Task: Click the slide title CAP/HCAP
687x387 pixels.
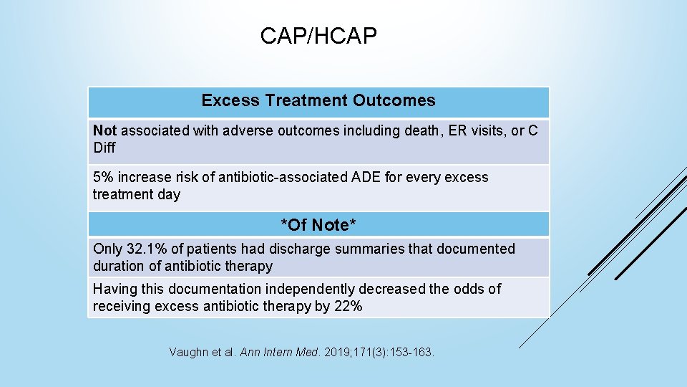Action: click(x=318, y=36)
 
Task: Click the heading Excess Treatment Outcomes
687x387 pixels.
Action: click(x=318, y=100)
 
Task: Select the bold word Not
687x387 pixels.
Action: click(x=104, y=130)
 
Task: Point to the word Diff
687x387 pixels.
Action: click(x=104, y=148)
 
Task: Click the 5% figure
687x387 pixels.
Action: click(x=103, y=177)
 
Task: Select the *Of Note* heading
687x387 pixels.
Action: click(x=318, y=225)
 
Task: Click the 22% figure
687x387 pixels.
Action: click(x=349, y=307)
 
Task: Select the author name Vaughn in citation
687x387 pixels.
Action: click(x=188, y=353)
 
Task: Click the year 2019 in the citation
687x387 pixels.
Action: click(x=336, y=353)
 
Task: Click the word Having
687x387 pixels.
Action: click(x=115, y=289)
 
